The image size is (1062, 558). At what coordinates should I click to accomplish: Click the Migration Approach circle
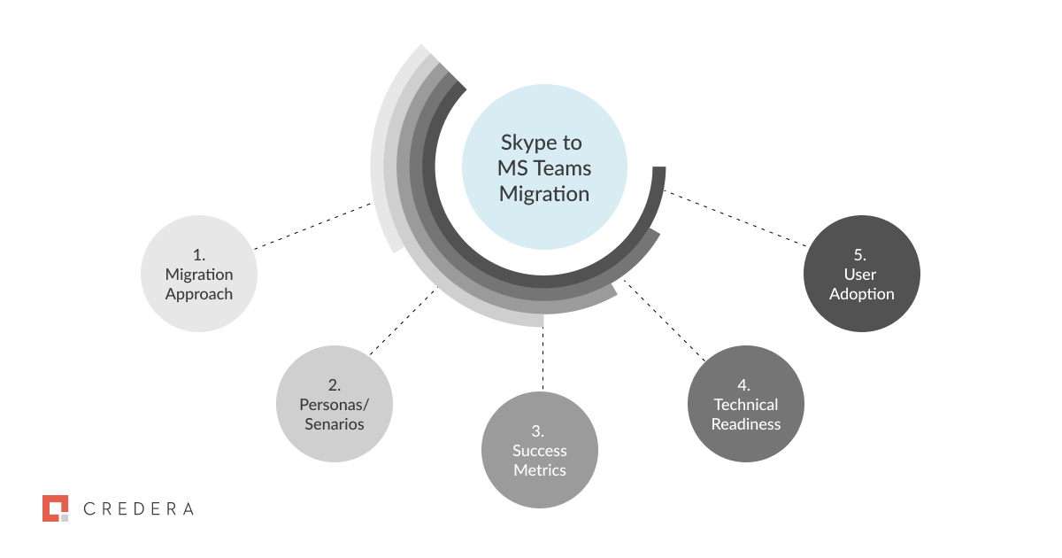(x=199, y=274)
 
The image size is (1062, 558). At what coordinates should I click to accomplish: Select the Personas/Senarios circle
(x=335, y=404)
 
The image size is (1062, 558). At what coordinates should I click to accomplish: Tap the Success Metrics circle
(x=539, y=450)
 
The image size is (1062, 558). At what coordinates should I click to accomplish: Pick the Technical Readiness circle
(x=746, y=404)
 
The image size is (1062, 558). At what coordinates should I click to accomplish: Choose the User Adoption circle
(x=861, y=274)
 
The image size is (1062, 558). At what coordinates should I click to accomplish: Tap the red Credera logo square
(x=56, y=508)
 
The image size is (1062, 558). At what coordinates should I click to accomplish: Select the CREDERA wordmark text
(x=138, y=508)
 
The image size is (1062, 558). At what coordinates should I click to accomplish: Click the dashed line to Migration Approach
(x=312, y=226)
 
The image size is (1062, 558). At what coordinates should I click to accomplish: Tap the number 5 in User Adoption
(x=859, y=255)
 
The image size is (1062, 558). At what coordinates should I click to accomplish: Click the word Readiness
(x=746, y=423)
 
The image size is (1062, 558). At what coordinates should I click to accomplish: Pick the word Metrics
(x=539, y=470)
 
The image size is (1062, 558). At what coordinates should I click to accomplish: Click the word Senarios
(x=335, y=423)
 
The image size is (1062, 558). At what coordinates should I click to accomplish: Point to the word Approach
(x=199, y=294)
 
